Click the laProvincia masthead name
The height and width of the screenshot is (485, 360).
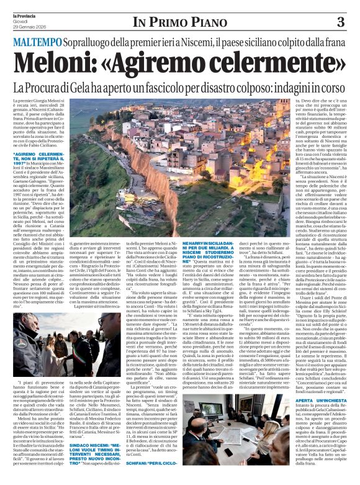26,13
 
